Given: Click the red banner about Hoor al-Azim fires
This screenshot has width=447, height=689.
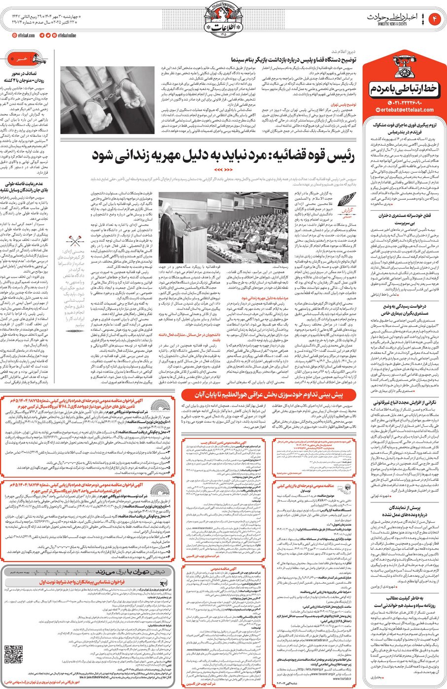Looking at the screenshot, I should pos(269,395).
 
